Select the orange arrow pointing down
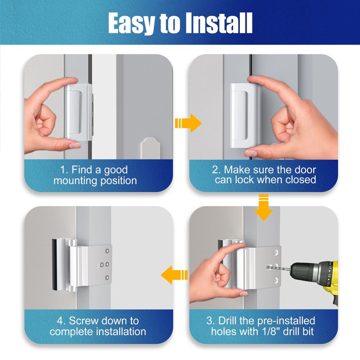point(264,207)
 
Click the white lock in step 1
point(77,112)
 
